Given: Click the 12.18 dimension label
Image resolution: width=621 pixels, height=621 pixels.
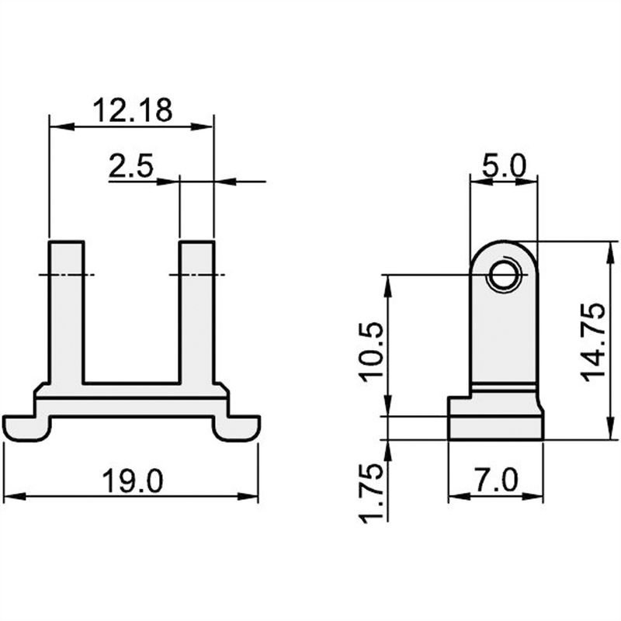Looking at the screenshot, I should click(x=131, y=109).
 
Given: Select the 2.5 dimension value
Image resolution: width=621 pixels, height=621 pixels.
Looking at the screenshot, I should click(x=130, y=167).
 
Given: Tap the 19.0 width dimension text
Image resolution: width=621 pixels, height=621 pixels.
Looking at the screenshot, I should click(x=133, y=481).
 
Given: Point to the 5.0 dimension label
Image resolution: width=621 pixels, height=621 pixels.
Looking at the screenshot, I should click(x=504, y=166).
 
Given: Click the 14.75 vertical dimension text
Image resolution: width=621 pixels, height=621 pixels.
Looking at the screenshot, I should click(x=594, y=341).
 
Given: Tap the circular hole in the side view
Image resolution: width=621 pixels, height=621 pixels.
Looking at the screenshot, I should click(x=504, y=275).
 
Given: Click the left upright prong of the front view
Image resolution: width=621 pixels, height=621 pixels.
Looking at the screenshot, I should click(x=67, y=310).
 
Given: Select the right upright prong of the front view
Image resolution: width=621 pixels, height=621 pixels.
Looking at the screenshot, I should click(x=196, y=310).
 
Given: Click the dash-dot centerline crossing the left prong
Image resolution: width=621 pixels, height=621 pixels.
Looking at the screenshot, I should click(x=66, y=275).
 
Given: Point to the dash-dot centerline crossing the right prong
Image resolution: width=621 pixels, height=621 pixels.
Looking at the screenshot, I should click(x=196, y=275).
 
